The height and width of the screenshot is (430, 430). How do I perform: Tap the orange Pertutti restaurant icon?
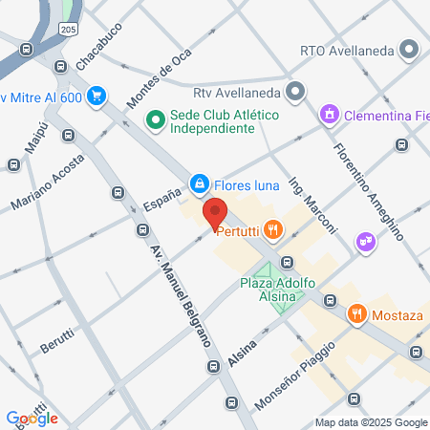(x=273, y=228)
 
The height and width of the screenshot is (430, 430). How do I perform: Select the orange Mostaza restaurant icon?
(x=357, y=312)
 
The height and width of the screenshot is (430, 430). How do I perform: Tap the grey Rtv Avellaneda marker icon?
(x=295, y=93)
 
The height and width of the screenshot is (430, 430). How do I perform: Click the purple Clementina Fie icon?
(x=331, y=114)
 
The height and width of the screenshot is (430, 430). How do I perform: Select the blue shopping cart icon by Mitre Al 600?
(x=96, y=96)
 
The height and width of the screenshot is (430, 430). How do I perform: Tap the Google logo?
(x=32, y=418)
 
